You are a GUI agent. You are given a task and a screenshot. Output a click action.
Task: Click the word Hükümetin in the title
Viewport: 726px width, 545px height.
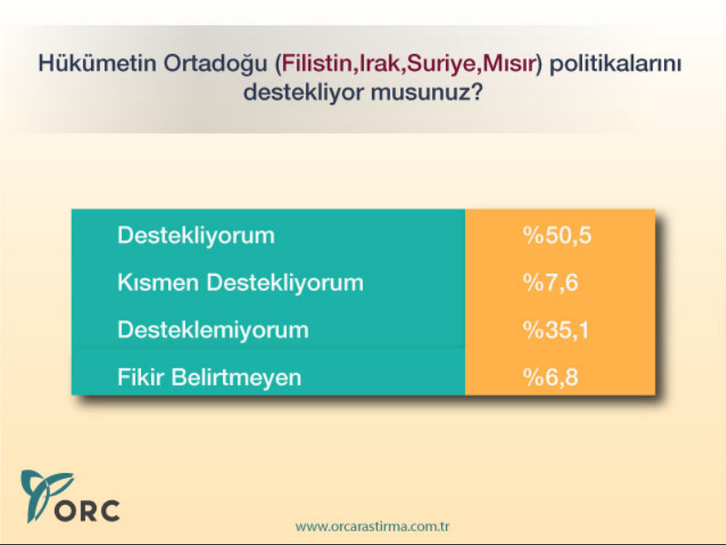(x=86, y=66)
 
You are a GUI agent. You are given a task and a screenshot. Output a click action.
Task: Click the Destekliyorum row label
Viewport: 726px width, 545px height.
(x=196, y=236)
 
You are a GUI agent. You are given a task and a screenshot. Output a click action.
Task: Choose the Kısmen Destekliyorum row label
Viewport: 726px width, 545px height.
(x=240, y=283)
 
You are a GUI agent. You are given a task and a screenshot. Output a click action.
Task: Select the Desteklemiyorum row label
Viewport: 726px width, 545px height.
(x=213, y=329)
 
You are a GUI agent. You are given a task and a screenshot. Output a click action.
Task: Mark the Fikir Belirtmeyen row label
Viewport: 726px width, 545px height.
(x=209, y=377)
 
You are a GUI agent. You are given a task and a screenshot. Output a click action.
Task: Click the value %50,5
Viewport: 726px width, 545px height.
(x=557, y=236)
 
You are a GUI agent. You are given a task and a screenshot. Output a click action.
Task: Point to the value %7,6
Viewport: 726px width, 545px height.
(x=550, y=283)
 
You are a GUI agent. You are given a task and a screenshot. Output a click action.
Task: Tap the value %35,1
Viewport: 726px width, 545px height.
(x=556, y=329)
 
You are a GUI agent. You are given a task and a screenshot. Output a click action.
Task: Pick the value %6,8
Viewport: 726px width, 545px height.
(x=550, y=377)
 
